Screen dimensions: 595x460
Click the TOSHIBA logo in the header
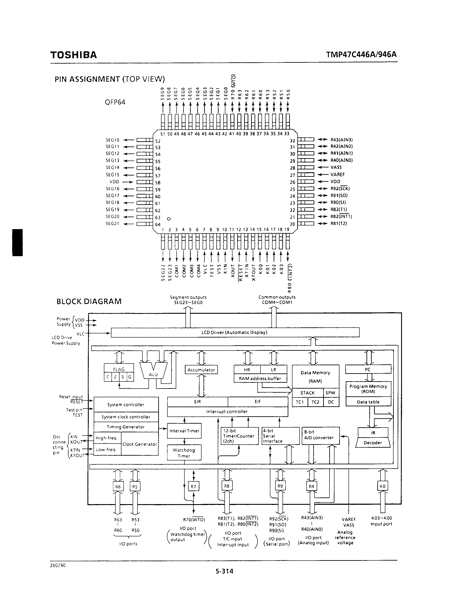tap(74, 55)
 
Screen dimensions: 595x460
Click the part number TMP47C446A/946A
tap(361, 55)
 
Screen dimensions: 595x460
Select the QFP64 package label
tap(115, 102)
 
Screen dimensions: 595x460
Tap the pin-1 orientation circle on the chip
tap(169, 219)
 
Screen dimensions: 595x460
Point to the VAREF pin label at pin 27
tap(338, 175)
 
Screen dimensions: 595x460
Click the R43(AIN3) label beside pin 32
tap(341, 140)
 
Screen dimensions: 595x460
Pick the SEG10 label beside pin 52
tap(113, 140)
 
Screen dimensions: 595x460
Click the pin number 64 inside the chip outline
tap(158, 225)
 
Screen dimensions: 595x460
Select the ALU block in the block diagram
tap(153, 374)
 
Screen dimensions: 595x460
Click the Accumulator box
tap(201, 370)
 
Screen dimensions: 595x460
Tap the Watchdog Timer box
tap(184, 453)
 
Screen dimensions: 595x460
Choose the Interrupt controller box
tap(227, 412)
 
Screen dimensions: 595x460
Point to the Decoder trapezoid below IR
tap(373, 443)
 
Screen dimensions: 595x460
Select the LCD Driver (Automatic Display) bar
tap(235, 332)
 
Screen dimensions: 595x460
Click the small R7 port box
tap(193, 487)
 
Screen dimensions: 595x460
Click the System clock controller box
tap(126, 417)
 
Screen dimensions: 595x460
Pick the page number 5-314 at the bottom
tap(224, 571)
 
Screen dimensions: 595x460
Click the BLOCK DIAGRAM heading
tap(89, 302)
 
